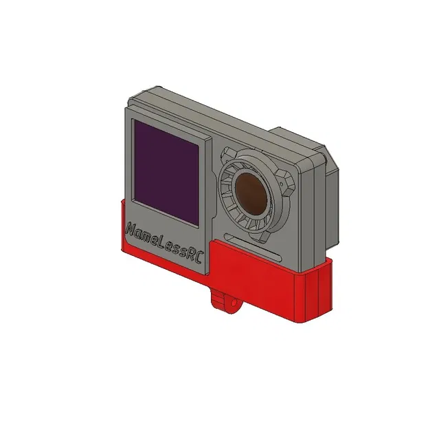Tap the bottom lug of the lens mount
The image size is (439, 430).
click(263, 233)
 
